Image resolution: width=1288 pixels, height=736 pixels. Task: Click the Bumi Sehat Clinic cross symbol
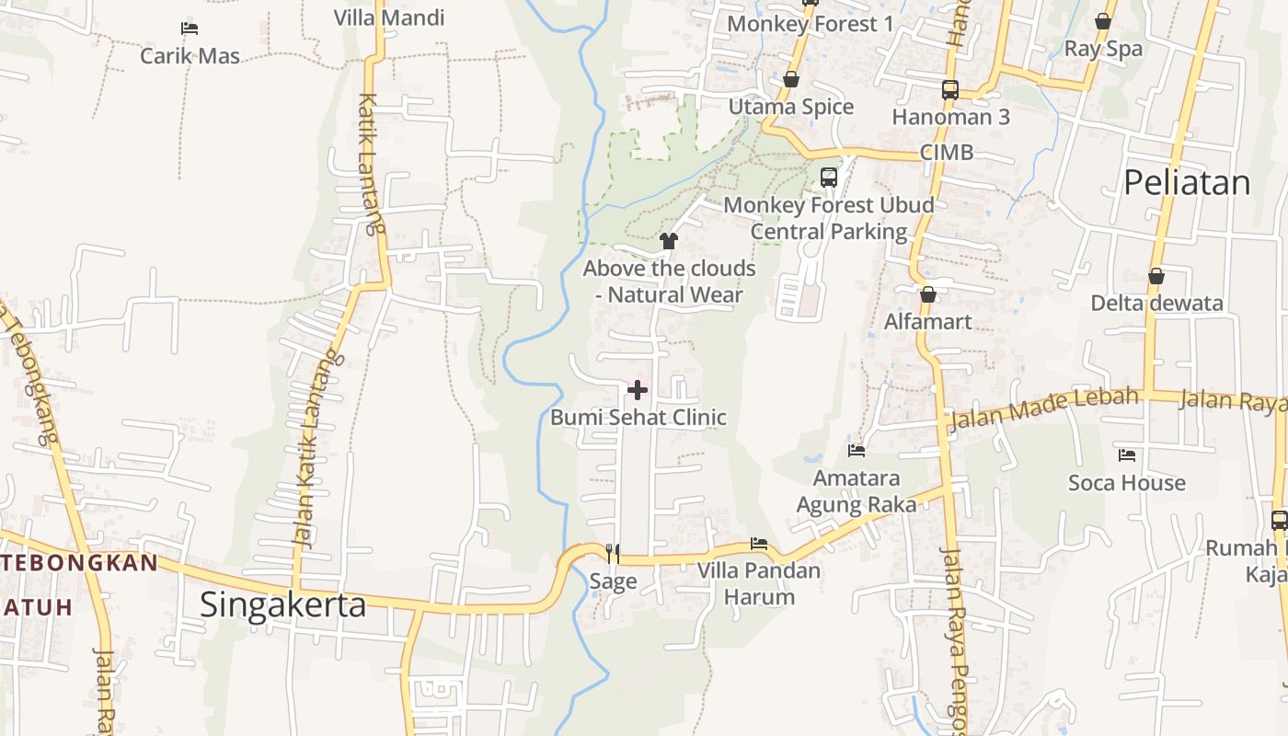pos(637,390)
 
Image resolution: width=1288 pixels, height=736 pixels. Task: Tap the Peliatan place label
pos(1187,183)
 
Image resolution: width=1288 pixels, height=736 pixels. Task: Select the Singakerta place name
pos(282,604)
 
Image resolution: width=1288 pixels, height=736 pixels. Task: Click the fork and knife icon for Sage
pos(613,553)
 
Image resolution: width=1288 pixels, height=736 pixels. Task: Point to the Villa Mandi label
pos(389,17)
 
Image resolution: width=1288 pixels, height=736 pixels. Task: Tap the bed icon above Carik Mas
pos(190,29)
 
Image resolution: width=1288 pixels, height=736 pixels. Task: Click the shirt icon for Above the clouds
pos(668,241)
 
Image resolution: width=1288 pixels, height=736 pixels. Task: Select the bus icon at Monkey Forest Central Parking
pos(829,177)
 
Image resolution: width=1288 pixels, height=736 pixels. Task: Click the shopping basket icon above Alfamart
pos(928,294)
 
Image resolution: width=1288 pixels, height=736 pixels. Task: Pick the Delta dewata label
pos(1156,303)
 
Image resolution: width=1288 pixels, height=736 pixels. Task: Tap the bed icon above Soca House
pos(1127,454)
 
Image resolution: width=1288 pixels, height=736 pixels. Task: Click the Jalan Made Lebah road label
pos(1043,408)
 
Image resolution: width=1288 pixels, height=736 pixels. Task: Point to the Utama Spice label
pos(791,107)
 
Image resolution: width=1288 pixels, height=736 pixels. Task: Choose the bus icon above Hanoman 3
pos(950,90)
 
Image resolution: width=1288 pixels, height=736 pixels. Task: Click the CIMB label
pos(947,153)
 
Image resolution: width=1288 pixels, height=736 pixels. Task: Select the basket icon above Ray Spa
pos(1103,21)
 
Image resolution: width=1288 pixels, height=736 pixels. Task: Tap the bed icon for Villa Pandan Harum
pos(759,544)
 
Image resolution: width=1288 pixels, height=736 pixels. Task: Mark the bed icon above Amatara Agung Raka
pos(857,451)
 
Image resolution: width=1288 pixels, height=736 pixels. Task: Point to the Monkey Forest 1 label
pos(810,24)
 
